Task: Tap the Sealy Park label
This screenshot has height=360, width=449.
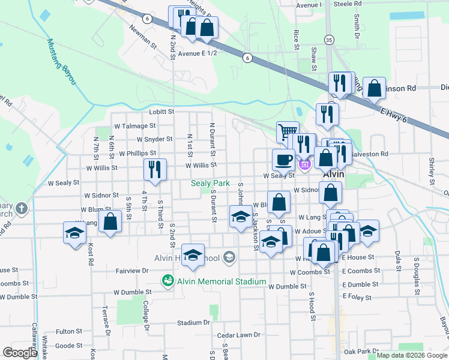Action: [210, 183]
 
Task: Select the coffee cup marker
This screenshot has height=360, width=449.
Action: [283, 160]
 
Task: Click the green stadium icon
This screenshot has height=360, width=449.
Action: [168, 280]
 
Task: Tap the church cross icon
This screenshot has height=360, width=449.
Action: [22, 209]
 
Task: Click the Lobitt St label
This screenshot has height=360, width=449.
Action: [161, 112]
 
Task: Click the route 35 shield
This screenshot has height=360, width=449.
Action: [328, 40]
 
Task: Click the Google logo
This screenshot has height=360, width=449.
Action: [20, 353]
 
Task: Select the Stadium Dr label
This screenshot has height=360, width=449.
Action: [193, 322]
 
